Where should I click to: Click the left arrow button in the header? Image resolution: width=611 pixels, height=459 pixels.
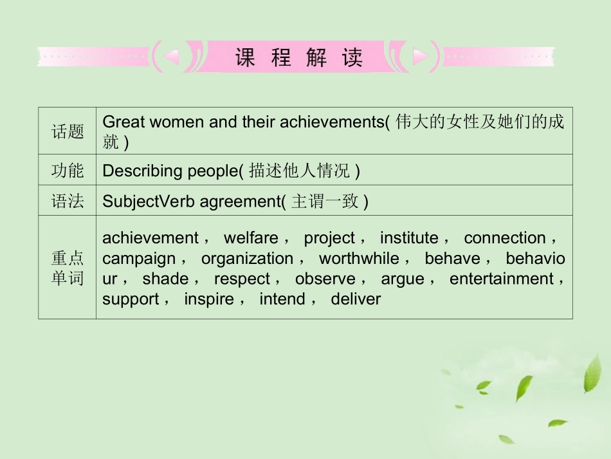pyautogui.click(x=171, y=58)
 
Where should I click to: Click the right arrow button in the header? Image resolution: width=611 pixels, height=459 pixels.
pyautogui.click(x=420, y=58)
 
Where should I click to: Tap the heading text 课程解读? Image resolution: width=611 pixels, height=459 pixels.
pyautogui.click(x=298, y=58)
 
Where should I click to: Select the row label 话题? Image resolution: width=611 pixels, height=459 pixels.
pyautogui.click(x=68, y=132)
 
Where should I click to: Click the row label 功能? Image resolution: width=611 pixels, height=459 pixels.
pyautogui.click(x=68, y=171)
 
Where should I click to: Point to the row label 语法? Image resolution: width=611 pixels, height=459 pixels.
pyautogui.click(x=68, y=201)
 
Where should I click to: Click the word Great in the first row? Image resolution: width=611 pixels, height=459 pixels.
pyautogui.click(x=123, y=122)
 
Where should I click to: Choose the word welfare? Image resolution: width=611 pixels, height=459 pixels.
pyautogui.click(x=251, y=238)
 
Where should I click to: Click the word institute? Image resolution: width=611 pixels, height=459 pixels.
pyautogui.click(x=409, y=238)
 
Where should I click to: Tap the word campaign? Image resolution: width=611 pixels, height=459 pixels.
pyautogui.click(x=139, y=259)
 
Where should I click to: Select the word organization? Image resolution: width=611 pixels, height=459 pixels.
pyautogui.click(x=247, y=259)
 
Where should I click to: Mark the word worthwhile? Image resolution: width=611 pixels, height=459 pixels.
pyautogui.click(x=360, y=259)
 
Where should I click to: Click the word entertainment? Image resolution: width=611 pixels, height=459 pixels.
pyautogui.click(x=502, y=279)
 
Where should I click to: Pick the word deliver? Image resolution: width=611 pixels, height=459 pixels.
pyautogui.click(x=356, y=299)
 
